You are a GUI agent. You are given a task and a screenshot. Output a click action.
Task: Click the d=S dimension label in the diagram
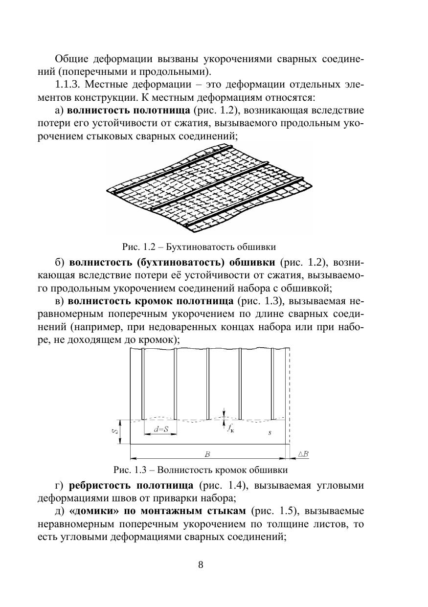tap(160, 429)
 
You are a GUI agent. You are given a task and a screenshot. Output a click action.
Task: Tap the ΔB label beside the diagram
tap(303, 454)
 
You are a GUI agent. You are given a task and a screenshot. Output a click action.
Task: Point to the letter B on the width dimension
tap(207, 454)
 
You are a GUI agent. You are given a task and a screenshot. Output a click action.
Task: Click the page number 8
tap(201, 565)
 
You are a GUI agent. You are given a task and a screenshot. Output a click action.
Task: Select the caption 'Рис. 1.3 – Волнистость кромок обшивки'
tap(201, 470)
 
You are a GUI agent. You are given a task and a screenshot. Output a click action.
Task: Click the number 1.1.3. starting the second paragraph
tap(72, 84)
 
